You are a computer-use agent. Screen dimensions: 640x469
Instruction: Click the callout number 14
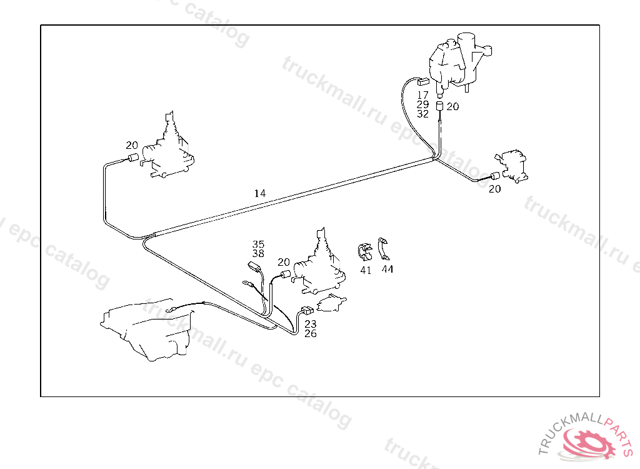pos(260,194)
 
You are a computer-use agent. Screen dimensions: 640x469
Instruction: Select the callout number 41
pos(366,270)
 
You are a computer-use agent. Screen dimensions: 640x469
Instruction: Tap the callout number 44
pos(387,270)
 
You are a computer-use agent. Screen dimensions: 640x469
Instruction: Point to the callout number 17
pos(423,96)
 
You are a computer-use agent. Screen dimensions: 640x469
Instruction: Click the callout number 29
pos(423,105)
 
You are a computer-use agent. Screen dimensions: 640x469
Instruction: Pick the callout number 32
pos(423,114)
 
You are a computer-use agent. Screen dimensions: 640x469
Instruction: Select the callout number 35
pos(258,245)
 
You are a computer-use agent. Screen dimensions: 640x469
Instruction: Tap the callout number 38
pos(258,254)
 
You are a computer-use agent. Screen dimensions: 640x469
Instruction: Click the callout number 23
pos(311,324)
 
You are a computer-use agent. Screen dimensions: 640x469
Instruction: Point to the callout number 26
pos(311,334)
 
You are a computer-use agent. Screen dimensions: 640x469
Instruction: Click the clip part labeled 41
pos(364,252)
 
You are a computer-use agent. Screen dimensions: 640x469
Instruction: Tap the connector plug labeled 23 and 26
pos(307,311)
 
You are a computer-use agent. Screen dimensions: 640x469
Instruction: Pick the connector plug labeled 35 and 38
pos(254,267)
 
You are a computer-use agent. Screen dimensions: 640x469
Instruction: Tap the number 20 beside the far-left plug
pos(132,145)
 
